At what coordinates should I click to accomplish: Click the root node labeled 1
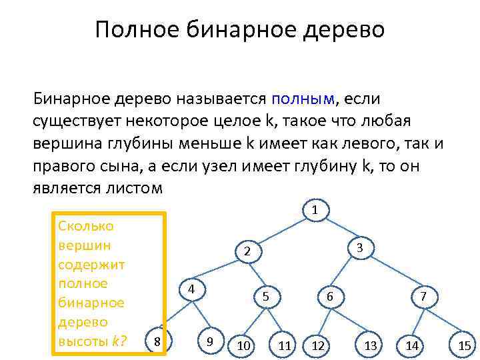[315, 211]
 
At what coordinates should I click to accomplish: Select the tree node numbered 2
[247, 251]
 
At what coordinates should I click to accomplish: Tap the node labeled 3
[359, 247]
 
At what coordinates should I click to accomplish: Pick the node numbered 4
[191, 290]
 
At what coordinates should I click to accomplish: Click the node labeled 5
[265, 297]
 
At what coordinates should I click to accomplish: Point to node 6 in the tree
[329, 297]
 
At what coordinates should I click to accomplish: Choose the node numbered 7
[423, 297]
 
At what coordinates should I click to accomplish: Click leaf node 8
[157, 341]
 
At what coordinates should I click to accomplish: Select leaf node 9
[210, 341]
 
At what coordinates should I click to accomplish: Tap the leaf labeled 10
[243, 345]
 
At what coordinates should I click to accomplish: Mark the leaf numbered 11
[285, 345]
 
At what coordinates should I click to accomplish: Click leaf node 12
[318, 345]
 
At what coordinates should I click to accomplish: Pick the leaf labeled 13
[371, 345]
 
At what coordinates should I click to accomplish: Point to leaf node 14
[412, 345]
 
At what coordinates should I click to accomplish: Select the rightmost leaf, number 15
[465, 345]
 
